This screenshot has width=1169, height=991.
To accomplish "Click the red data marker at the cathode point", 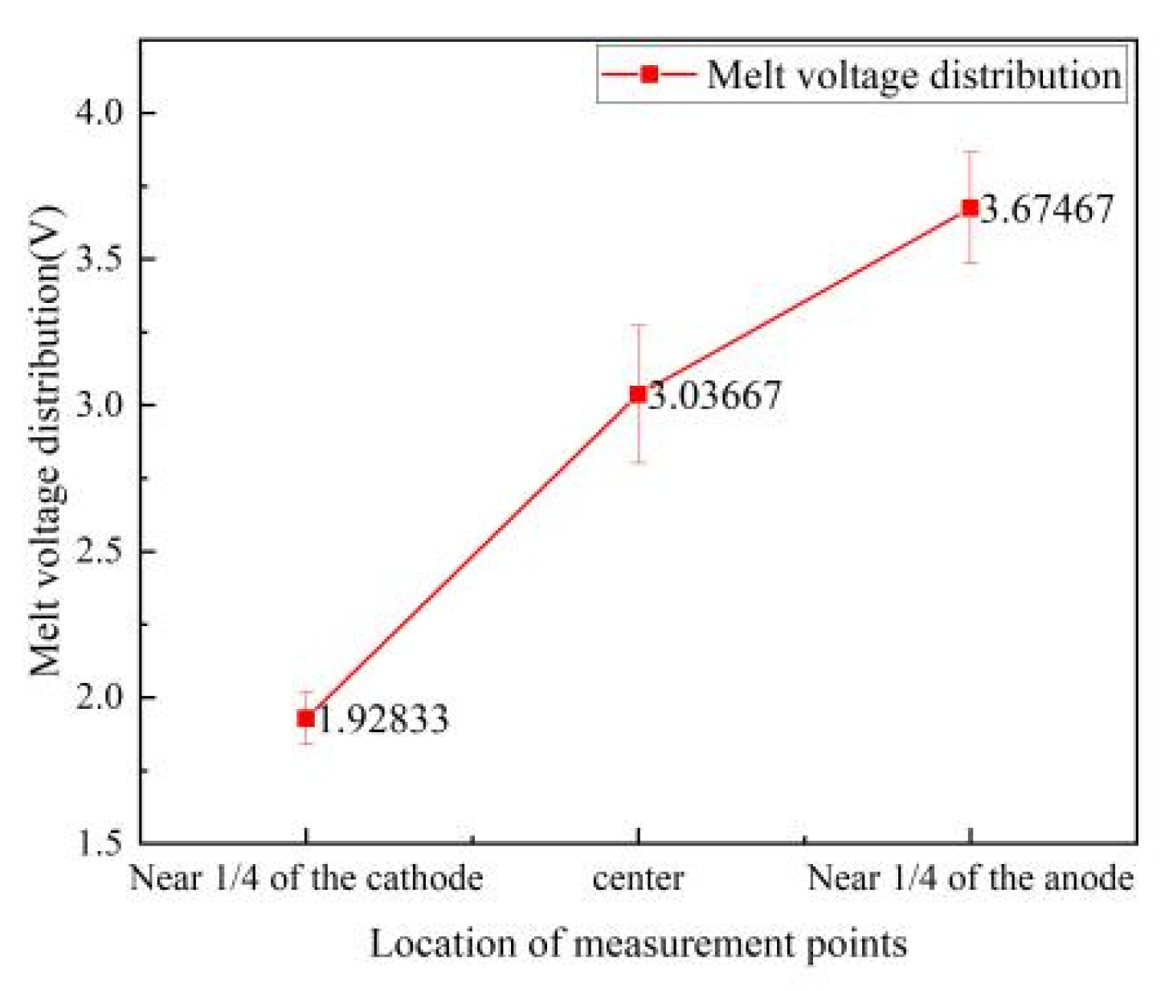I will tap(306, 718).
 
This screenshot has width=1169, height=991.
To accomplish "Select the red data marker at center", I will tap(638, 394).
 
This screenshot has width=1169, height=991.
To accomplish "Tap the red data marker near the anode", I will tap(970, 207).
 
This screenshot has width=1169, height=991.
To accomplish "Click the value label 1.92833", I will tap(383, 719).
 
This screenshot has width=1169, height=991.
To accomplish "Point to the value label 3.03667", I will tap(715, 395).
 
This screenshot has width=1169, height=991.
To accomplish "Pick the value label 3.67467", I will tap(1048, 208).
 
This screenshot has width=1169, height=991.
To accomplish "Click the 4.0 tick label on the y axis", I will tap(100, 113).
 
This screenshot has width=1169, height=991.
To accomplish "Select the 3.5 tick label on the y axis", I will tap(100, 259).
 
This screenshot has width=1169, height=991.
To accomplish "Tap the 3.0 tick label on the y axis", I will tap(100, 404).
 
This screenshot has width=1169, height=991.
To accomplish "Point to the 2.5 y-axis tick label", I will tap(100, 551).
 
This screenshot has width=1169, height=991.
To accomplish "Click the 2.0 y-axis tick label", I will tap(100, 697).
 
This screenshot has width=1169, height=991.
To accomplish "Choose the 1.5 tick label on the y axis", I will tap(100, 843).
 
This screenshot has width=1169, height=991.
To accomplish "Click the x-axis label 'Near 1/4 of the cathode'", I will tap(306, 878).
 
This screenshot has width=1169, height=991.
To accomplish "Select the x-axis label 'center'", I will tap(638, 878).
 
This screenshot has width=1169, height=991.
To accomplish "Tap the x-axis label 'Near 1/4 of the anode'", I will tap(970, 878).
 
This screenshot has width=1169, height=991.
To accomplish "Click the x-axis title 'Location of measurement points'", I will tap(638, 943).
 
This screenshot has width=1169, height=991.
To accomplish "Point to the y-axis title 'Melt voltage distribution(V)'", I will tap(46, 442).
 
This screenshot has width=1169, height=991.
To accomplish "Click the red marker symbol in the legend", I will tap(649, 74).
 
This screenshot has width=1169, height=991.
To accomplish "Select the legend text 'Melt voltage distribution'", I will tap(914, 75).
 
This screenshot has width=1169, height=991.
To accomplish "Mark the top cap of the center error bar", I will tap(638, 325).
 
